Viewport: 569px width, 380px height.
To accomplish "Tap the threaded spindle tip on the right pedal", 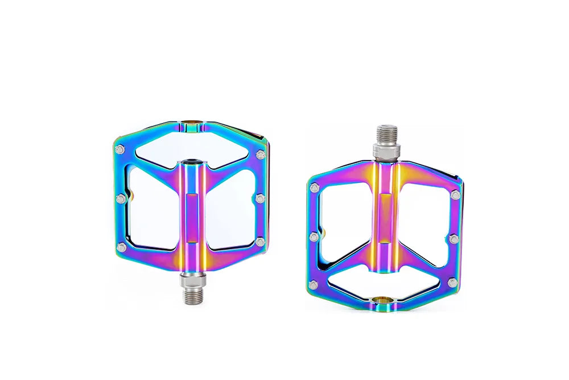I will (386, 134).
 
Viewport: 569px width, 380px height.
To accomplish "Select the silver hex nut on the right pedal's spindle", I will (386, 150).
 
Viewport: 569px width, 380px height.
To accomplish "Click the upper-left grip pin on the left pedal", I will (119, 150).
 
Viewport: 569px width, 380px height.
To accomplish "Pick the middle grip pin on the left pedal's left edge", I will (120, 199).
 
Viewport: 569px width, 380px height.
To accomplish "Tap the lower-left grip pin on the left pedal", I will (121, 247).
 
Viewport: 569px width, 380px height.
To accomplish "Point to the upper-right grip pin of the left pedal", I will (261, 154).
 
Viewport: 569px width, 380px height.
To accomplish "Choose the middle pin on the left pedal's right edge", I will (260, 198).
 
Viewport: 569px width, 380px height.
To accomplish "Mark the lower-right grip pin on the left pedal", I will (260, 242).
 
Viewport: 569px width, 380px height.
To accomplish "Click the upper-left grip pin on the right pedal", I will (314, 188).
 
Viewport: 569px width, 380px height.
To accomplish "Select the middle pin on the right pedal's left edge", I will (314, 236).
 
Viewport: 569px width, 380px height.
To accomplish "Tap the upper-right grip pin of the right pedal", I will (455, 195).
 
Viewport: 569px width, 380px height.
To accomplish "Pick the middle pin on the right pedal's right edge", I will (454, 239).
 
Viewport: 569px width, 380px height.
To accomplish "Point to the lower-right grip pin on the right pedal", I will (453, 283).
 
